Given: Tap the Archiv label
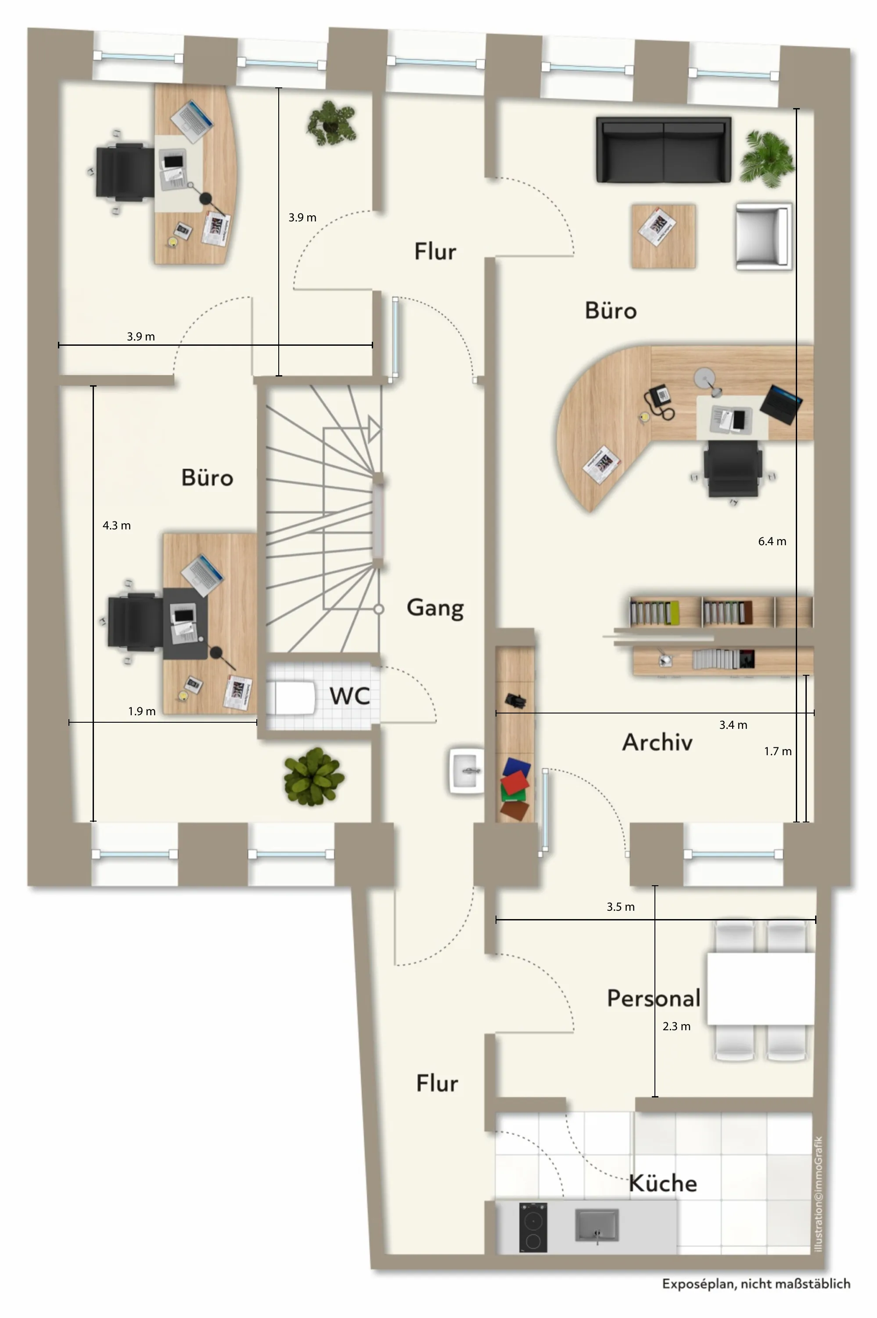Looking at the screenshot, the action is coord(657,742).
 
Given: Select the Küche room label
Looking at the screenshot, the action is coord(663,1183).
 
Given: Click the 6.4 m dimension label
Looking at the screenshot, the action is coord(772,541).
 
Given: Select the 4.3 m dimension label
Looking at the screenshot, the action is coord(116,525).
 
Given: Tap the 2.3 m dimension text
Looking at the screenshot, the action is coord(676,1026).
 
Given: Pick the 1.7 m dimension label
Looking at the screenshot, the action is coord(777,751).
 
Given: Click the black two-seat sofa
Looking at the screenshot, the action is coord(663,149).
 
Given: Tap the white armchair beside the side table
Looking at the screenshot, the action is coord(763,237).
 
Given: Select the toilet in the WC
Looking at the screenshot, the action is coord(290,697).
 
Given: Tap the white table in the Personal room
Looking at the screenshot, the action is coord(761,988).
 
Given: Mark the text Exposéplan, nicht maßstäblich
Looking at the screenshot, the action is coord(756,1283).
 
